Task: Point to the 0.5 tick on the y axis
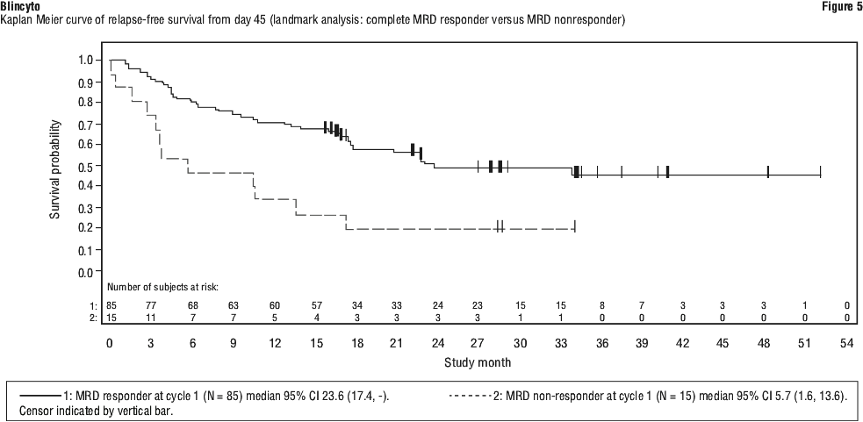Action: click(91, 166)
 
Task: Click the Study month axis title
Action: click(477, 361)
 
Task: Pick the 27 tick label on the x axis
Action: click(478, 343)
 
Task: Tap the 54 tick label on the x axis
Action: click(847, 343)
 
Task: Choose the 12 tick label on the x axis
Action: click(274, 343)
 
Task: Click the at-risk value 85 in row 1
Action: click(110, 304)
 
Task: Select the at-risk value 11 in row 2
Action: click(151, 317)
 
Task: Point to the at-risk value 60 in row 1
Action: click(274, 304)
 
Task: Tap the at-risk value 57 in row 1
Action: click(315, 304)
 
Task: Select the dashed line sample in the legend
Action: click(471, 397)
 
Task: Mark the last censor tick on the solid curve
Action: click(820, 171)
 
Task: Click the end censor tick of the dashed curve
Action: click(574, 225)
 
